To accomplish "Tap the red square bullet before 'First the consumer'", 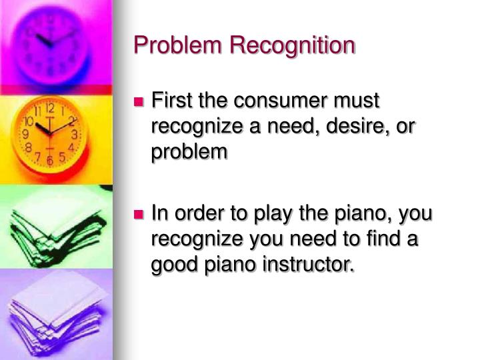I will [x=139, y=103].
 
